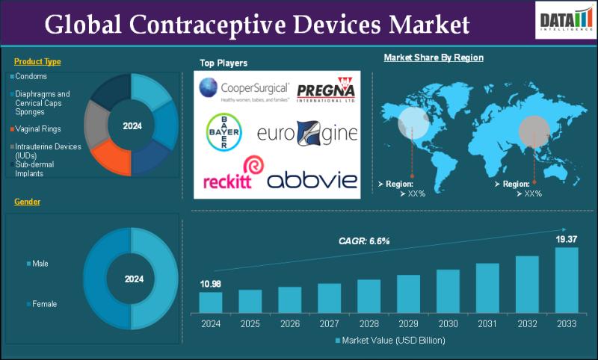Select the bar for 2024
[x=211, y=302]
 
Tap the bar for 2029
[x=408, y=293]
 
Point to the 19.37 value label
[x=566, y=238]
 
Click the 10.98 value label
[x=210, y=283]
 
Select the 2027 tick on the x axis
[x=329, y=324]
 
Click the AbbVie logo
[x=312, y=179]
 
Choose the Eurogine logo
[x=307, y=134]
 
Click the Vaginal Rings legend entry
[x=37, y=128]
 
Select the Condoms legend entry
[x=32, y=76]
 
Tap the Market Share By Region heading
[x=434, y=57]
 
